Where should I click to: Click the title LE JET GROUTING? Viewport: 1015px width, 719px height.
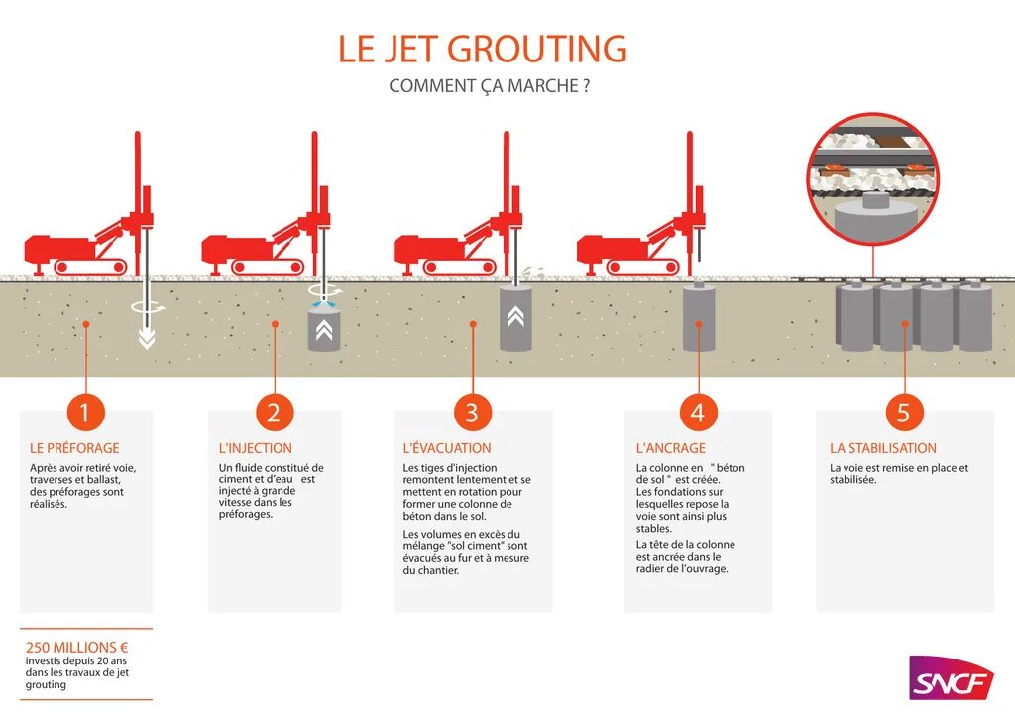point(483,49)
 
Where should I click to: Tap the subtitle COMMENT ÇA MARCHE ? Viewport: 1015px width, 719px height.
point(490,86)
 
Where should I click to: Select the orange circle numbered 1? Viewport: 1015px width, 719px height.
point(85,412)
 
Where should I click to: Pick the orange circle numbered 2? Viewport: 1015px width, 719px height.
point(275,412)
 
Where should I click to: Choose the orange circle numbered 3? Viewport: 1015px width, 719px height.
point(472,412)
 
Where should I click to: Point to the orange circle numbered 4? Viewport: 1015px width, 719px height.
point(698,412)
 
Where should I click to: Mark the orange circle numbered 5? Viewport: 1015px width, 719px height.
point(904,412)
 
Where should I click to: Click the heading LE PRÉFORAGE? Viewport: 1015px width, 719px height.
point(74,448)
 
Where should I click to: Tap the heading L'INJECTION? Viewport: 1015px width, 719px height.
point(256,448)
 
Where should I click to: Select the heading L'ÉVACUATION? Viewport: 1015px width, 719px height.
point(447,448)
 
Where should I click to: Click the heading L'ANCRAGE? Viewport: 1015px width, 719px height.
point(671,448)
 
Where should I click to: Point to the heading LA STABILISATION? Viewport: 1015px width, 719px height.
point(883,448)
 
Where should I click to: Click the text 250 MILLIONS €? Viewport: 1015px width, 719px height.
point(77,647)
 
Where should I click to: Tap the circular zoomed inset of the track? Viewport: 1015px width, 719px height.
point(873,179)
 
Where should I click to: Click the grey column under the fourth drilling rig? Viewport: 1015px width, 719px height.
point(699,317)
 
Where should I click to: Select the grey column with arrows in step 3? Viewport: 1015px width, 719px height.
point(515,317)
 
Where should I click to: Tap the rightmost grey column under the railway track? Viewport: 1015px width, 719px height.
point(975,316)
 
